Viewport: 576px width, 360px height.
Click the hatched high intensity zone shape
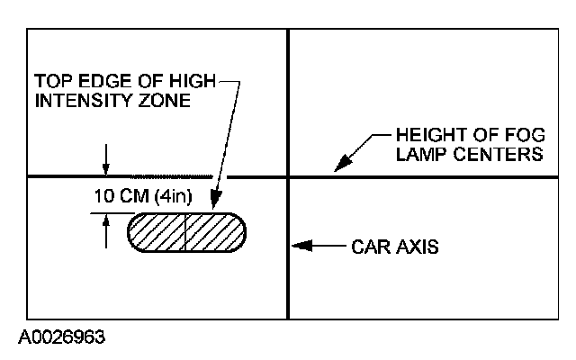click(x=187, y=232)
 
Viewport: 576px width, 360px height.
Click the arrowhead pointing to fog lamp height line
click(x=338, y=166)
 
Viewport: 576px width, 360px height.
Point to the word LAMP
click(x=417, y=155)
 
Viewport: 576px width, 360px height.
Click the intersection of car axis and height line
click(x=288, y=177)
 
